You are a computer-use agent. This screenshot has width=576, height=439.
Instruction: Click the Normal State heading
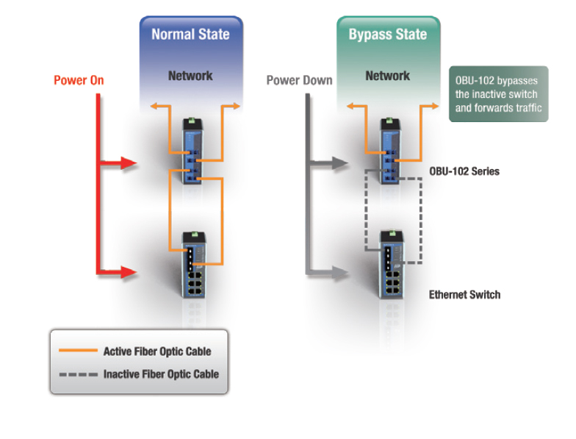(x=190, y=34)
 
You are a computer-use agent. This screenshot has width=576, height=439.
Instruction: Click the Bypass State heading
(x=388, y=34)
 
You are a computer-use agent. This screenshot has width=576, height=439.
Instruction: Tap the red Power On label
(x=79, y=80)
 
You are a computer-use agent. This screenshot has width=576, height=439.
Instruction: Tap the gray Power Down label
(x=299, y=80)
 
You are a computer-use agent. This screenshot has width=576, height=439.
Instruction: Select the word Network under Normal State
(x=190, y=76)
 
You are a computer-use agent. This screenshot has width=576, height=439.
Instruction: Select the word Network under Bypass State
(x=388, y=76)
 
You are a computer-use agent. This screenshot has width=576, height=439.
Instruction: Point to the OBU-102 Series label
(x=464, y=171)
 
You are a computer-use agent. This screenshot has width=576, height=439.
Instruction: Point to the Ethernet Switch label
(x=464, y=294)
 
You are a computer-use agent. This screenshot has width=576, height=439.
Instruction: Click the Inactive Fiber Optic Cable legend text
(x=161, y=374)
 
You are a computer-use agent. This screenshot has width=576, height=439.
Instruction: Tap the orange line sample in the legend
(x=76, y=351)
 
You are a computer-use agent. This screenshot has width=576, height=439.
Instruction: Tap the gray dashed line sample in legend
(x=76, y=374)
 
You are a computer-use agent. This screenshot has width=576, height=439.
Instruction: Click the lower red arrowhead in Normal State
(x=129, y=272)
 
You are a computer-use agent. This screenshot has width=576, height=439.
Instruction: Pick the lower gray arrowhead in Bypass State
(x=338, y=270)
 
